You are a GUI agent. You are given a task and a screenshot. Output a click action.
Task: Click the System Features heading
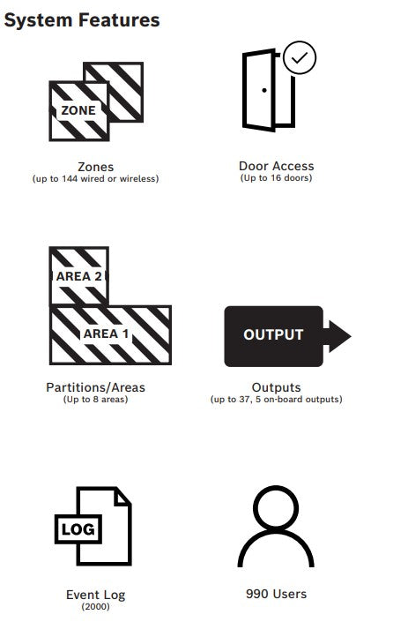[82, 20]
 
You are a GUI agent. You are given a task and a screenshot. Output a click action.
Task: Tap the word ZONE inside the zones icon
[78, 110]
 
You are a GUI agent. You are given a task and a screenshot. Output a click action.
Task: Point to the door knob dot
[264, 90]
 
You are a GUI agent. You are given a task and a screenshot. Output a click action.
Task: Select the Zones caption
[96, 167]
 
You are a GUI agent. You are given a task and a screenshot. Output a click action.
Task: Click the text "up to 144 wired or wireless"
[96, 179]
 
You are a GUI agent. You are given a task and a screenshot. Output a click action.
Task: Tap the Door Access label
[276, 166]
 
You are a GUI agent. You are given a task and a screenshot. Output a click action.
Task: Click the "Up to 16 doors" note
[276, 178]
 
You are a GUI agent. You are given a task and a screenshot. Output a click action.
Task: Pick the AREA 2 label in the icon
[79, 277]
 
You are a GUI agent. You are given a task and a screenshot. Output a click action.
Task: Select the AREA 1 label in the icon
[107, 333]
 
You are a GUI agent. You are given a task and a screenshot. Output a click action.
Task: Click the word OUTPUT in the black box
[273, 334]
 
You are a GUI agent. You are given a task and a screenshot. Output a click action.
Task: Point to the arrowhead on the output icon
[340, 336]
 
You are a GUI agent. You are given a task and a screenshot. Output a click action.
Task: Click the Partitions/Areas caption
[96, 387]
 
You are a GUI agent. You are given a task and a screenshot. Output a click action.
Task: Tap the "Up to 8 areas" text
[96, 400]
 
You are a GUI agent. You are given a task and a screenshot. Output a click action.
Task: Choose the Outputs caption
[276, 387]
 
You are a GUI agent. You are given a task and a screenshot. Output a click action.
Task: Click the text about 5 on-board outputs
[299, 400]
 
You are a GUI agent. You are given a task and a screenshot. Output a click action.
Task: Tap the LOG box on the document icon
[78, 529]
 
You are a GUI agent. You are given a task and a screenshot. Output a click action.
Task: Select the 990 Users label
[276, 594]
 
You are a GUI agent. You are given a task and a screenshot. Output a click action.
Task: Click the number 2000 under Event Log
[96, 606]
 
